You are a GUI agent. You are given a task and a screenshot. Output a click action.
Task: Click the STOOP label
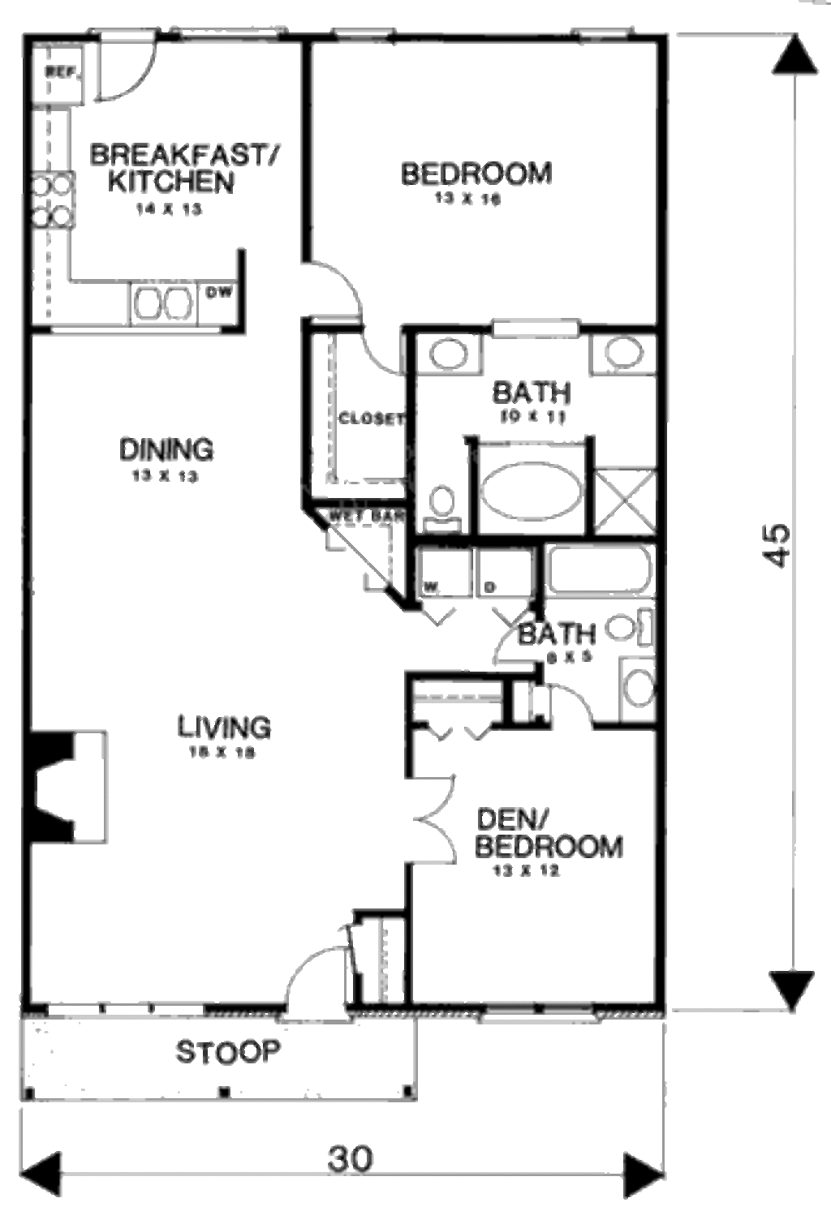point(228,1052)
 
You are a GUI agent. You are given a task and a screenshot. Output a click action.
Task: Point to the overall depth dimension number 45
point(776,544)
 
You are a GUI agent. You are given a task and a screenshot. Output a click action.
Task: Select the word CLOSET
point(370,419)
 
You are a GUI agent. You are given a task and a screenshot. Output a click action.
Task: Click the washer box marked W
point(443,573)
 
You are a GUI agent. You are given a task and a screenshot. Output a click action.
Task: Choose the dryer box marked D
point(504,573)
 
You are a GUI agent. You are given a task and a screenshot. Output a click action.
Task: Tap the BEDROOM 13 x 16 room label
point(476,174)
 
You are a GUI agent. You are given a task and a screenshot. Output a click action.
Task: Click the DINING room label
point(166,449)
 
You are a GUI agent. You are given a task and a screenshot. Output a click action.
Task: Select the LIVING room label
point(224,727)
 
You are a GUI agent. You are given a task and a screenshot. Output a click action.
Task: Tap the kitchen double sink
point(161,304)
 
